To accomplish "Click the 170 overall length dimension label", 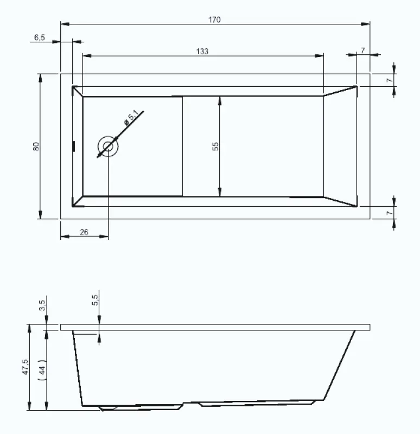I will [x=214, y=20].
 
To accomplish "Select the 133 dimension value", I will [x=202, y=51].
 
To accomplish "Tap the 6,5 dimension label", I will [x=39, y=37].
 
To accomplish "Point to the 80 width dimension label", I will [x=36, y=146].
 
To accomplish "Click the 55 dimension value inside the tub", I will [x=215, y=146].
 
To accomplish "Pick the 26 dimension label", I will [x=84, y=232].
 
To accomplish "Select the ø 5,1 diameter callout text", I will [x=131, y=118].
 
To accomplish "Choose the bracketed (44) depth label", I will [x=43, y=369].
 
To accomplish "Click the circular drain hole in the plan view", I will [x=108, y=146].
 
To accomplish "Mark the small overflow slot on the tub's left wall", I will [x=74, y=146].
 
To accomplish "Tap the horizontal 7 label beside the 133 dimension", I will [x=362, y=50].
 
